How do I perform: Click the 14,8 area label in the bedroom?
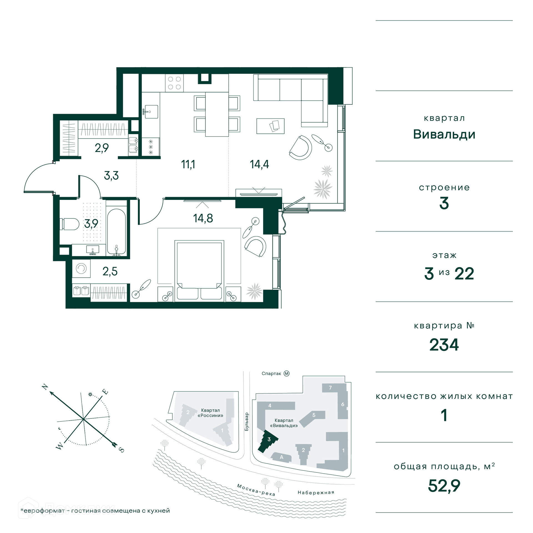click(x=203, y=218)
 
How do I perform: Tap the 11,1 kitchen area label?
click(x=188, y=164)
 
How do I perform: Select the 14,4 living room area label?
click(x=259, y=164)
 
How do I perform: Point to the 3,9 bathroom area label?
click(x=91, y=223)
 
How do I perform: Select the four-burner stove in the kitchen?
click(x=174, y=83)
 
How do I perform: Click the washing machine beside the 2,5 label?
click(x=81, y=268)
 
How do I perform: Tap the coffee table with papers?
click(x=270, y=126)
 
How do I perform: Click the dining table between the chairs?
click(x=217, y=114)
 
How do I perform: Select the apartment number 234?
click(x=444, y=345)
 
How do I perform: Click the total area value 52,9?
click(x=444, y=486)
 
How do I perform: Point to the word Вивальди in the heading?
click(x=444, y=134)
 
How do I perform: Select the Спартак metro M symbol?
click(x=286, y=374)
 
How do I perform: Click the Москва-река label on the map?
click(x=256, y=490)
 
